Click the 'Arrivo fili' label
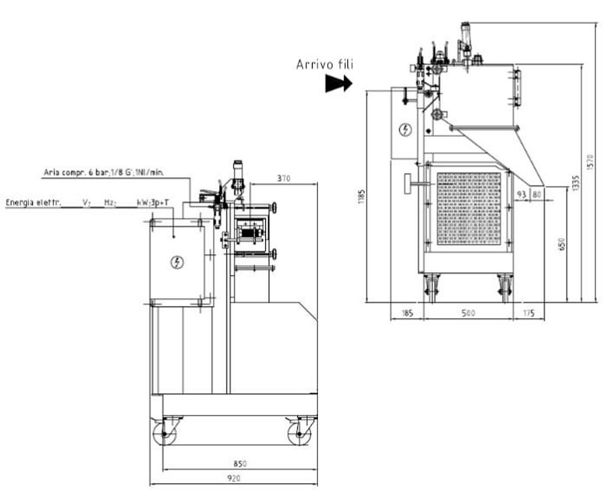[x=325, y=64]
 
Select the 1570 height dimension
[x=590, y=162]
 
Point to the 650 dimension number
[x=562, y=243]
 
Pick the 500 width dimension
[x=468, y=313]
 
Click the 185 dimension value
[x=407, y=313]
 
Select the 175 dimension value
[x=528, y=313]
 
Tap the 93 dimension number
[x=521, y=194]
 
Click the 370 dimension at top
[x=284, y=177]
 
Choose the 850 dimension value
[x=240, y=464]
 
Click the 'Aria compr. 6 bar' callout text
[x=104, y=172]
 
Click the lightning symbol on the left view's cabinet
[x=177, y=262]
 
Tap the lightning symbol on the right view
[x=405, y=130]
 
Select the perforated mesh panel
[x=469, y=209]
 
